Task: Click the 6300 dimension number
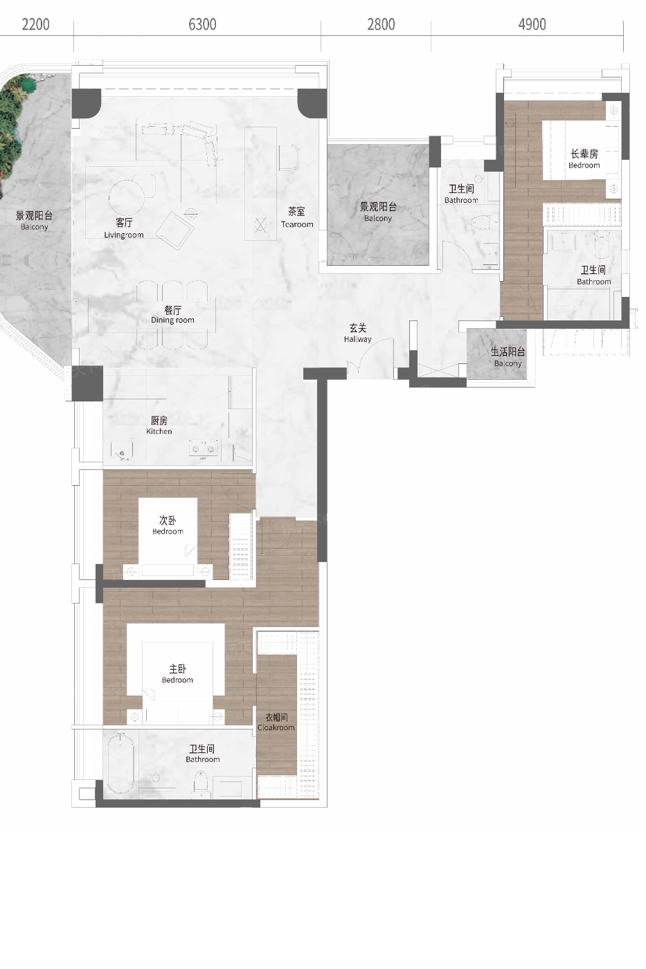coord(202,24)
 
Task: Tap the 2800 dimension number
coord(381,24)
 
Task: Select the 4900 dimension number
coord(532,24)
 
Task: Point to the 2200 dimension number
coord(35,24)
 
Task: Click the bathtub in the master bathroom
coord(120,764)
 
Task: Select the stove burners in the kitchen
coord(204,449)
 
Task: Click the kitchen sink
coord(122,451)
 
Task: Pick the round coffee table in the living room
coord(127,197)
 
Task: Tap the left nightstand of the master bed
coord(134,717)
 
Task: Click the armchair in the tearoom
coord(289,158)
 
